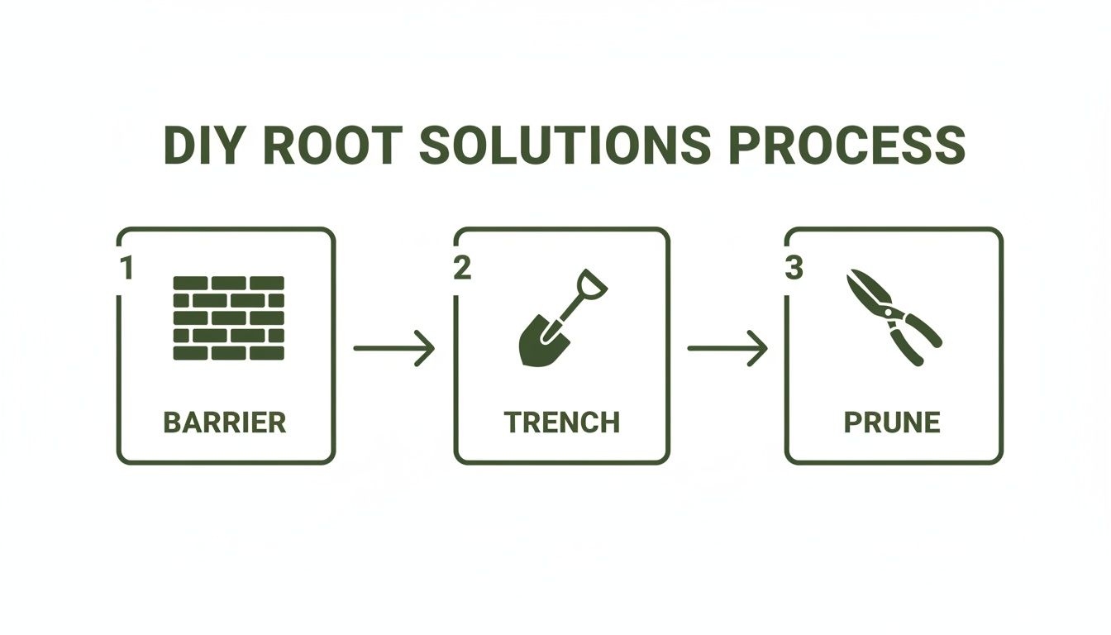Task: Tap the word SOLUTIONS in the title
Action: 564,146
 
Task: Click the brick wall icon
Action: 228,318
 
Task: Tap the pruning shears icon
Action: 893,317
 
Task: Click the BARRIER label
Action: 225,423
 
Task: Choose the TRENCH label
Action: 562,423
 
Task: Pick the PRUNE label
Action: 892,423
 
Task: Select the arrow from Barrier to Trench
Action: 393,348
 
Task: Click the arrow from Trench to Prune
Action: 727,348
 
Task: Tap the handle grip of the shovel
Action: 592,283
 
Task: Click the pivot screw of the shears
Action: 889,313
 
